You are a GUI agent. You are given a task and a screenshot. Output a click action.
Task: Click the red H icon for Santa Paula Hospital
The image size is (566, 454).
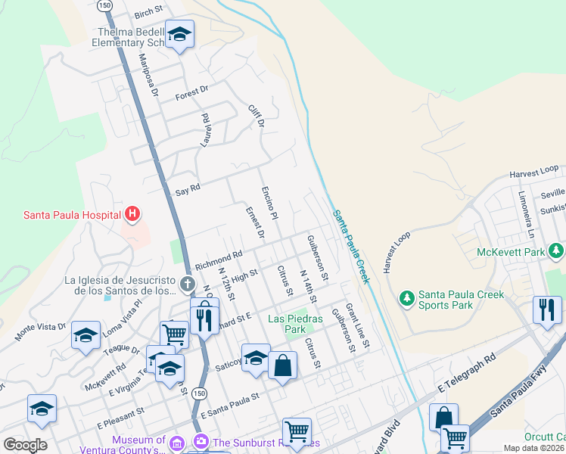[133, 215]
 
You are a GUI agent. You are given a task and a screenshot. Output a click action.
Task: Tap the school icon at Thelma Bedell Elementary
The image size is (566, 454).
[179, 35]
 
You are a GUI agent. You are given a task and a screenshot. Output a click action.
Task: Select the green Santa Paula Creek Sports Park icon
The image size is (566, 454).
[407, 299]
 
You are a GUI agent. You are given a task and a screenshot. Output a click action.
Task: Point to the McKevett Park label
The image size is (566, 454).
[512, 252]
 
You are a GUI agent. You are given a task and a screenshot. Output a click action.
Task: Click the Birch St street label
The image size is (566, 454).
[148, 12]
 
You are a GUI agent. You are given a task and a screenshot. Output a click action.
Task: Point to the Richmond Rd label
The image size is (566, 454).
[218, 261]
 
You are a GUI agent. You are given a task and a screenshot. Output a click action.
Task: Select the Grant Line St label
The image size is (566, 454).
[356, 326]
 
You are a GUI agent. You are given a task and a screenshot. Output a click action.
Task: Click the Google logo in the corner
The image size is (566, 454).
[25, 444]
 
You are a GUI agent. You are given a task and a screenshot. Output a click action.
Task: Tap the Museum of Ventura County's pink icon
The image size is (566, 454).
[176, 441]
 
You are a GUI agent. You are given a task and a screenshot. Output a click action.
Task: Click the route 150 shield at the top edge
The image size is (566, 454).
[106, 5]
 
